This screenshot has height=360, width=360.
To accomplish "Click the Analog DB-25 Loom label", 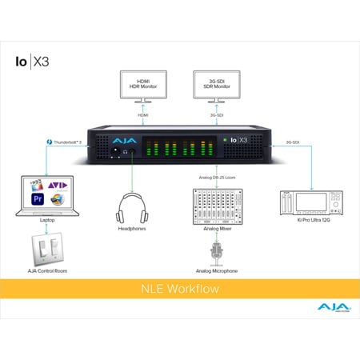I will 214,176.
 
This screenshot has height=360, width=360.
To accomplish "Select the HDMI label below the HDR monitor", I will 145,114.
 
